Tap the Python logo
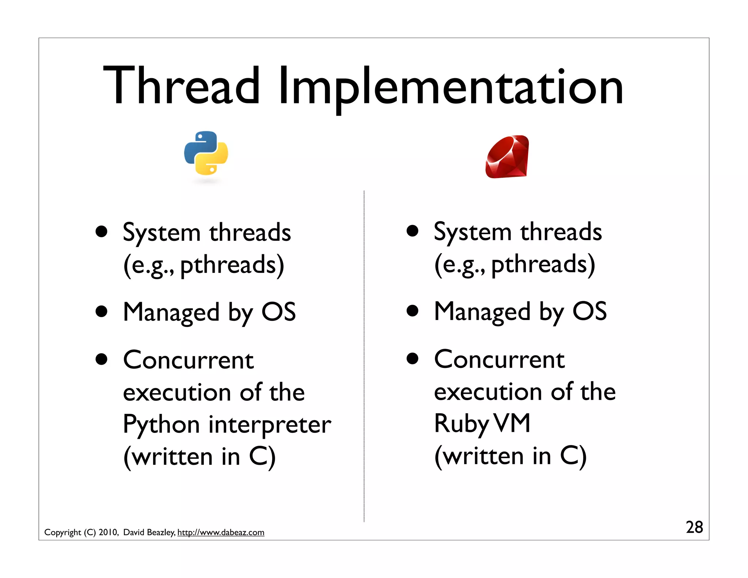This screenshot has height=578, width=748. click(x=206, y=153)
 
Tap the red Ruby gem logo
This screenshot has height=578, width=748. click(x=507, y=157)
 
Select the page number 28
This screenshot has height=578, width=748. click(x=694, y=527)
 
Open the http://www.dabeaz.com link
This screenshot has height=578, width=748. click(x=221, y=532)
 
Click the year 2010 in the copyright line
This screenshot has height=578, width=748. click(x=108, y=532)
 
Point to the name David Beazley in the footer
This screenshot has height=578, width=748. click(x=149, y=532)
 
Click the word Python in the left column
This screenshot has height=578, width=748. click(x=161, y=425)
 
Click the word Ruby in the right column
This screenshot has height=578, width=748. click(x=461, y=424)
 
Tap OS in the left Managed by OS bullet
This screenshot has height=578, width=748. click(x=278, y=312)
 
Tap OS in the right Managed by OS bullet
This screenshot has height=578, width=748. click(x=589, y=312)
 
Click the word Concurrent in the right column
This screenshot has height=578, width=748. click(x=499, y=360)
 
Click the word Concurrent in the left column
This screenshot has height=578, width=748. click(x=188, y=360)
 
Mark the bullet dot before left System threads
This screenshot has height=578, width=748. click(x=102, y=232)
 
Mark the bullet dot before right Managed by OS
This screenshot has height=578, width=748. click(x=412, y=311)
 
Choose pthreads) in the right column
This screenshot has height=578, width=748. click(x=543, y=265)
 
